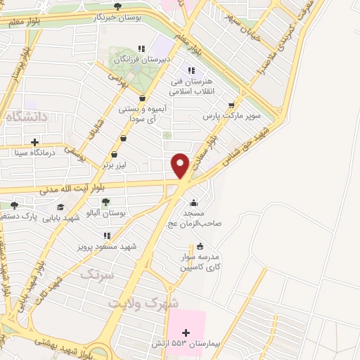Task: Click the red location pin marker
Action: (181, 165)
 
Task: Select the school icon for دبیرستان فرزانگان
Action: (141, 49)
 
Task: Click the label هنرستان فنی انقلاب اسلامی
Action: (190, 85)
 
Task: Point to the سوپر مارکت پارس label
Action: (232, 115)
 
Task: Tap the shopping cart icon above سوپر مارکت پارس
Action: (231, 105)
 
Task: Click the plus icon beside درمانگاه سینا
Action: (34, 142)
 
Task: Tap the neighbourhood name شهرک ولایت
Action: (144, 302)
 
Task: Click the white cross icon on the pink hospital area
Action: (186, 333)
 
